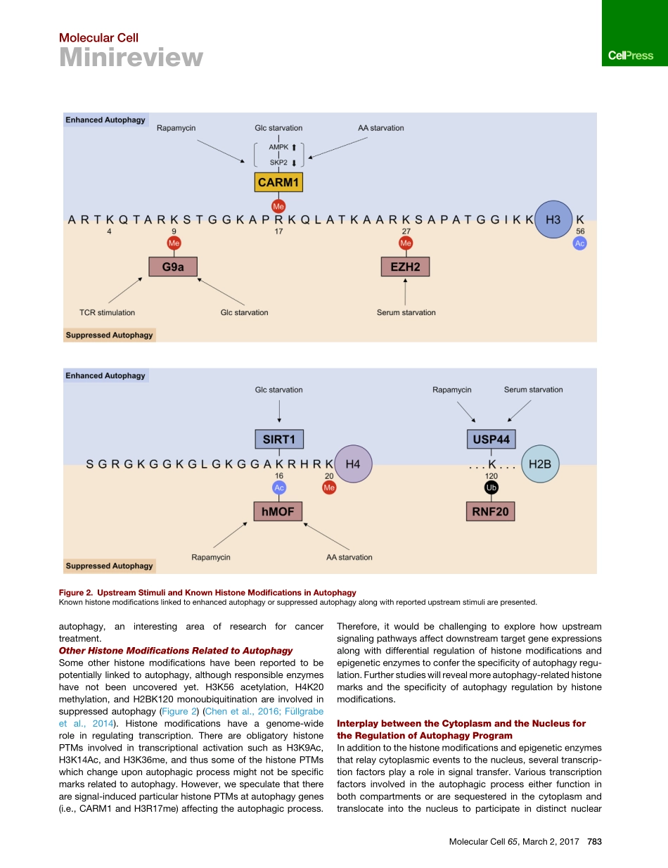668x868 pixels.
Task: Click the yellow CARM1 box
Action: pos(278,183)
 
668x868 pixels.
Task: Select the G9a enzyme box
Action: pos(172,267)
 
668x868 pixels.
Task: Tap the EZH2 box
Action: pos(405,267)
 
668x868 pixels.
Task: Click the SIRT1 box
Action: pos(278,440)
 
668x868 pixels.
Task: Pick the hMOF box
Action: pos(278,511)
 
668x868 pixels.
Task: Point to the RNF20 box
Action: pos(490,511)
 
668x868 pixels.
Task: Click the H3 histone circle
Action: pos(553,219)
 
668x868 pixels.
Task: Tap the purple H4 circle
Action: pos(353,464)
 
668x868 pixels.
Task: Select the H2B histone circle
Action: pos(544,464)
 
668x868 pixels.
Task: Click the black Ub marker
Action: pos(492,487)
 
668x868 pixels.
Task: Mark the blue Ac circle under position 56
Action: pos(579,243)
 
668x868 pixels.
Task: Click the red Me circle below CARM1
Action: pos(278,206)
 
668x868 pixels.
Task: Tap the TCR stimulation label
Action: pos(107,312)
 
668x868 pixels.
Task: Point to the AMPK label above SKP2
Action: pos(278,147)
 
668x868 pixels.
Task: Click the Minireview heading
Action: pos(131,58)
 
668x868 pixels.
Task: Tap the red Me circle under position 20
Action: pos(328,487)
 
